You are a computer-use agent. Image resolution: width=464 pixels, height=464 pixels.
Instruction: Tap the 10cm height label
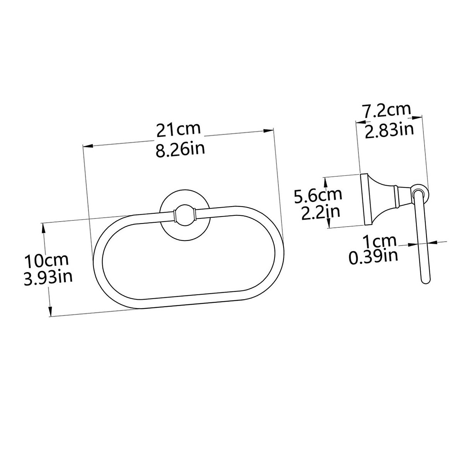point(46,260)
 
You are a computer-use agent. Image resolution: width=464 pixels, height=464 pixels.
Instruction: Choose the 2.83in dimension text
point(389,130)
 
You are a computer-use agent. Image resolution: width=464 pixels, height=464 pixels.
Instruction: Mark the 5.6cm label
point(318,194)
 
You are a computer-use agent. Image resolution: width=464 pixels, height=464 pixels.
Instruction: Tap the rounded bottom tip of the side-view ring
point(425,281)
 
